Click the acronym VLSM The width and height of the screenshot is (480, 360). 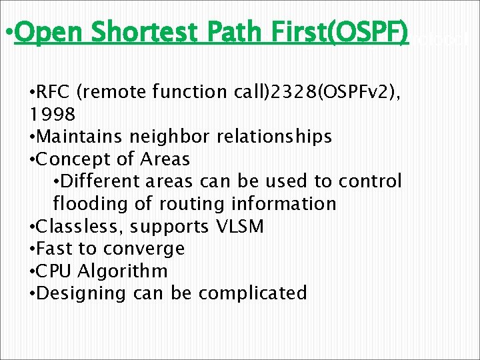241,227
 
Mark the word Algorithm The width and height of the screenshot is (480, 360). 123,271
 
